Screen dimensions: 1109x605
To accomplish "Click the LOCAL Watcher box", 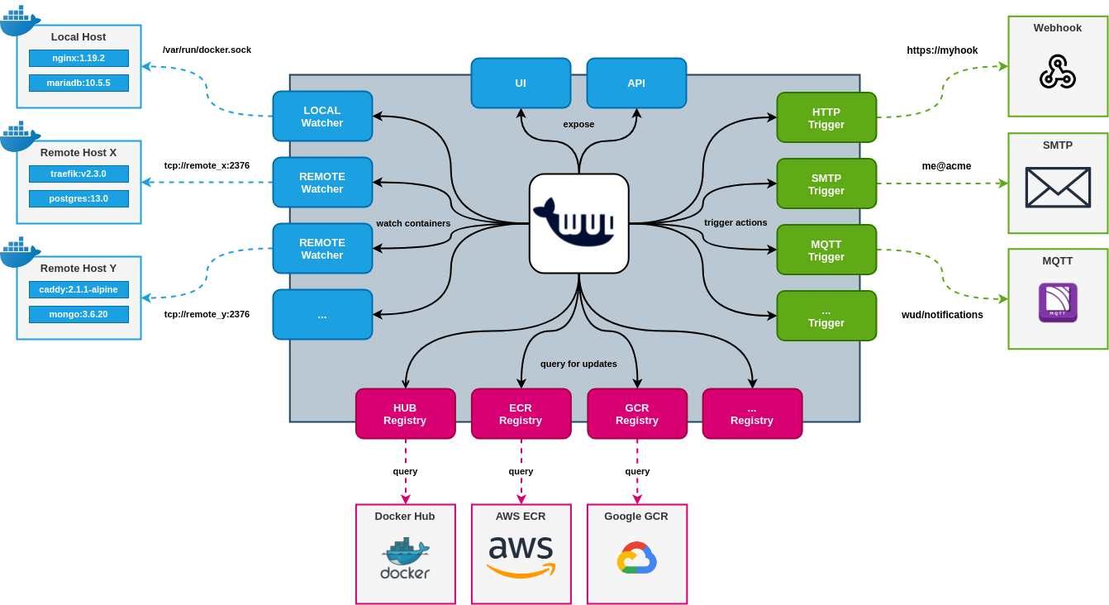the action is pyautogui.click(x=322, y=117).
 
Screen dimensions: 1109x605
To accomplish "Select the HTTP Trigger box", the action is pyautogui.click(x=826, y=118).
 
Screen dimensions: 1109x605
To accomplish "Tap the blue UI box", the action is pyautogui.click(x=521, y=83).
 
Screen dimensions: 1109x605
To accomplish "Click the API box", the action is pyautogui.click(x=636, y=83).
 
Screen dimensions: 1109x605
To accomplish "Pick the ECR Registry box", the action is pyautogui.click(x=521, y=414).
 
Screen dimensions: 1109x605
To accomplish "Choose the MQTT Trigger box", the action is pyautogui.click(x=826, y=250).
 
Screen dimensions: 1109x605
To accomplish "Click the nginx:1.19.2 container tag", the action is pyautogui.click(x=79, y=58).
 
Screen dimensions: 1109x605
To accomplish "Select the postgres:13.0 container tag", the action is pyautogui.click(x=79, y=198).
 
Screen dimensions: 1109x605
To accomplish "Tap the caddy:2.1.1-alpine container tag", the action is pyautogui.click(x=79, y=289).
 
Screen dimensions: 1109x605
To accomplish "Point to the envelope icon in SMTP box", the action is pyautogui.click(x=1058, y=187).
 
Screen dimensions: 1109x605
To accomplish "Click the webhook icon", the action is pyautogui.click(x=1058, y=72).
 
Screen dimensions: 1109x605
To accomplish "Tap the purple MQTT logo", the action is pyautogui.click(x=1058, y=302).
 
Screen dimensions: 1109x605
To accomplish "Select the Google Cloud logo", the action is pyautogui.click(x=636, y=558).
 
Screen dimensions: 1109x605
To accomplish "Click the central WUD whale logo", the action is pyautogui.click(x=578, y=223).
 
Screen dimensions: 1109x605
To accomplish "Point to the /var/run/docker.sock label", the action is pyautogui.click(x=207, y=50).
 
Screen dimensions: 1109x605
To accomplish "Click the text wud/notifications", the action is pyautogui.click(x=942, y=315).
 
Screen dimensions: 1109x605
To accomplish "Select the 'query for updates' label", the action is pyautogui.click(x=578, y=364).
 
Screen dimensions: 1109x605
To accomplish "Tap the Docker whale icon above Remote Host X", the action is pyautogui.click(x=20, y=136).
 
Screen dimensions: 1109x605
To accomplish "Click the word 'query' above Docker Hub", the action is pyautogui.click(x=405, y=471).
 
